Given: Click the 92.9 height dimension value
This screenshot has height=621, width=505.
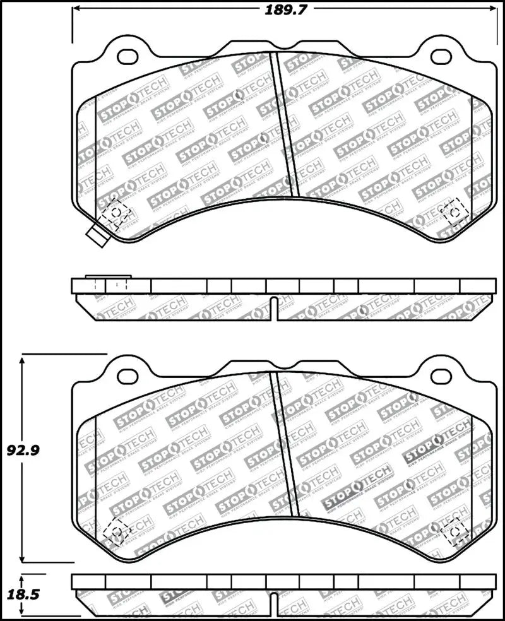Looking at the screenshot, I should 20,450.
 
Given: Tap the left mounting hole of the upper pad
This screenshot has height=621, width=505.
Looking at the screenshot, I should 128,57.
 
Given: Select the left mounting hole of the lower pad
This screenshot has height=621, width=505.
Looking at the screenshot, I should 128,376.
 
